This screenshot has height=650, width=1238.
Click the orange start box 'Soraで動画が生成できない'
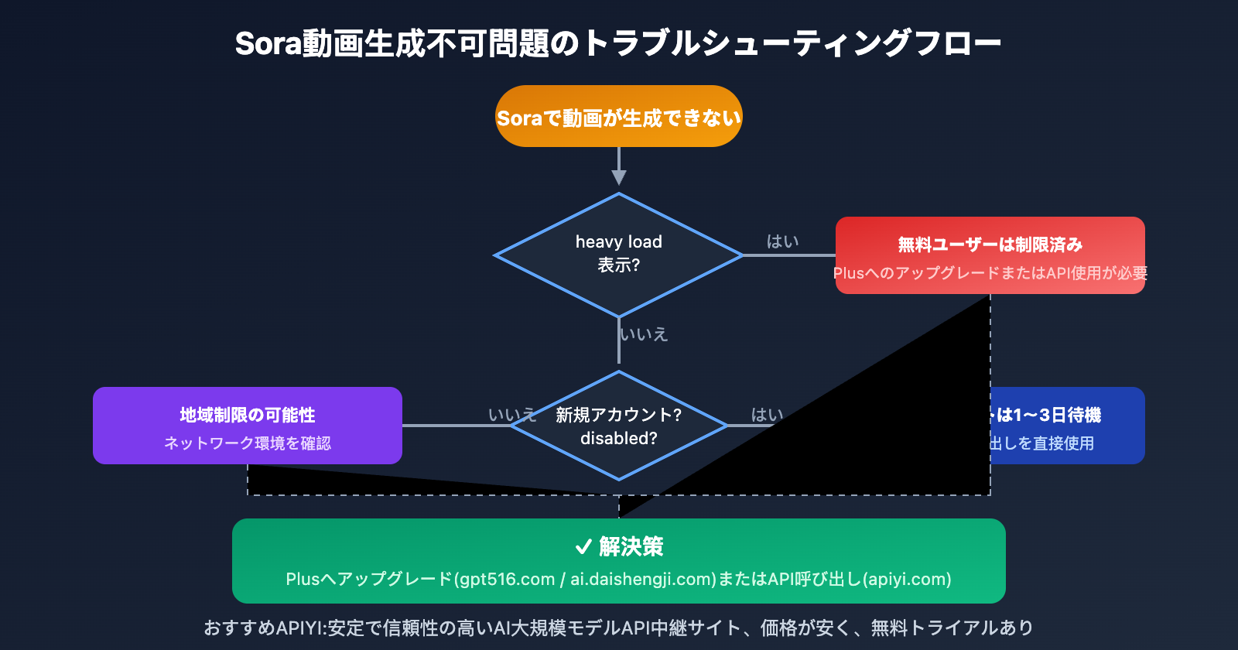pyautogui.click(x=619, y=117)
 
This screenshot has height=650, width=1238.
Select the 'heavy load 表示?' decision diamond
pyautogui.click(x=619, y=254)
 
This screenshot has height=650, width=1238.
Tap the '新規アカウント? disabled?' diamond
pyautogui.click(x=619, y=426)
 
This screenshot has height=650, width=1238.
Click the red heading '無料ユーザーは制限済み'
pyautogui.click(x=990, y=245)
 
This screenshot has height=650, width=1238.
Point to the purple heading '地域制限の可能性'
pyautogui.click(x=248, y=416)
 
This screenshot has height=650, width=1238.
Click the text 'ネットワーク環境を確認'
pyautogui.click(x=248, y=443)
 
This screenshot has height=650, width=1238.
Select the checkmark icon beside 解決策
pyautogui.click(x=584, y=547)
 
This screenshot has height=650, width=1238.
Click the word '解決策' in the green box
pyautogui.click(x=631, y=547)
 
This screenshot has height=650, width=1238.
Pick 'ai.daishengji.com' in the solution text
pyautogui.click(x=643, y=580)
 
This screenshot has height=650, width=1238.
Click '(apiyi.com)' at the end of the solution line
pyautogui.click(x=907, y=580)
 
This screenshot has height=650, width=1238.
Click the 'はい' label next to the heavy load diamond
pyautogui.click(x=782, y=241)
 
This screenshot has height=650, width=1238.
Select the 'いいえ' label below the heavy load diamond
pyautogui.click(x=644, y=334)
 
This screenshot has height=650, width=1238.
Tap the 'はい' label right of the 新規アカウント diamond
pyautogui.click(x=767, y=415)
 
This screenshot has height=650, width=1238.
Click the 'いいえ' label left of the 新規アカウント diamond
pyautogui.click(x=511, y=415)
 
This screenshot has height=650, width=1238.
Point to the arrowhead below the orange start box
pyautogui.click(x=619, y=177)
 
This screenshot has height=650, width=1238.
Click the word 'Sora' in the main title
pyautogui.click(x=268, y=44)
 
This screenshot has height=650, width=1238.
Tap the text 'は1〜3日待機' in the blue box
pyautogui.click(x=1048, y=416)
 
